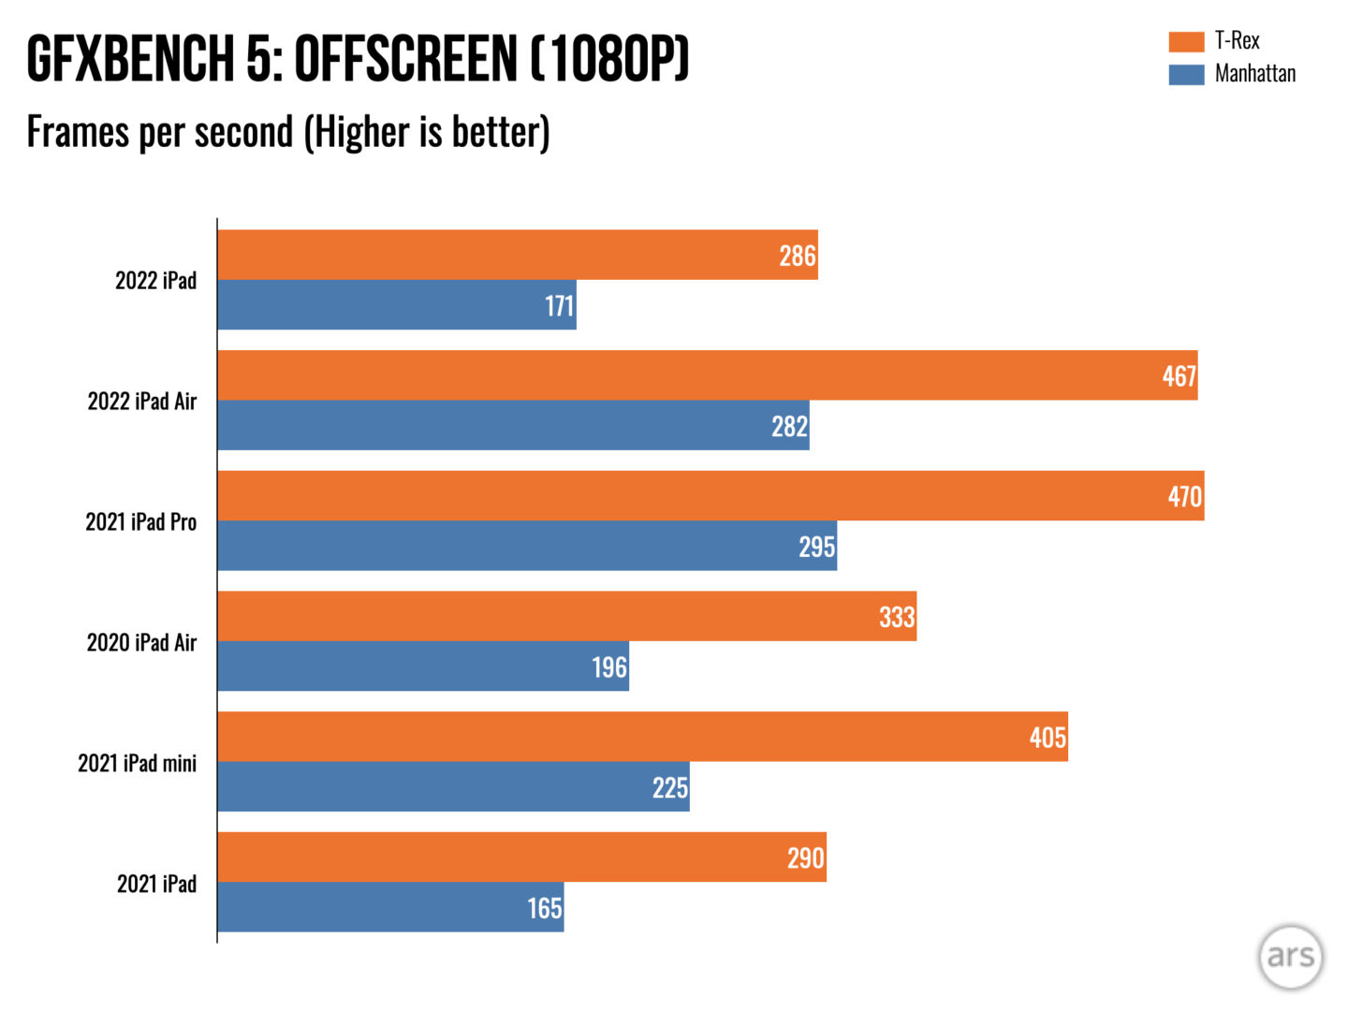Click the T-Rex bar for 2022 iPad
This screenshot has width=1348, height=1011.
(x=517, y=255)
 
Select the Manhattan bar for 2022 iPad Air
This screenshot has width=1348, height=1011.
(x=513, y=425)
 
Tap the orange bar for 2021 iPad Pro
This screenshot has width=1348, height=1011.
(x=710, y=495)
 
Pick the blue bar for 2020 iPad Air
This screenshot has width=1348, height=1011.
(x=423, y=666)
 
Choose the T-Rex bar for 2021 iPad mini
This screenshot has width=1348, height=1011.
(x=642, y=737)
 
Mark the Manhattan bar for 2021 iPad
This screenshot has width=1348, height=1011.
(x=390, y=907)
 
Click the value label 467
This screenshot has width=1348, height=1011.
(x=1179, y=376)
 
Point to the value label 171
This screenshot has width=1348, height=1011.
(x=559, y=306)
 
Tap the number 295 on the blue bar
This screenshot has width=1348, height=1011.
(x=816, y=547)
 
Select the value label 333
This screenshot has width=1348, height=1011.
(x=896, y=617)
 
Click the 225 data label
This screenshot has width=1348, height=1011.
(x=669, y=788)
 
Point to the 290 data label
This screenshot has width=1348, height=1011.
(x=805, y=857)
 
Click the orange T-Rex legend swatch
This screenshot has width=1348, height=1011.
(x=1186, y=41)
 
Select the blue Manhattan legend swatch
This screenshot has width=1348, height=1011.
(x=1186, y=74)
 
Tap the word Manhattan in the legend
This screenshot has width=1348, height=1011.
(x=1255, y=74)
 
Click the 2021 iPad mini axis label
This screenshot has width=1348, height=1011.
(x=138, y=764)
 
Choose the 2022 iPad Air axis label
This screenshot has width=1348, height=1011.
(x=142, y=402)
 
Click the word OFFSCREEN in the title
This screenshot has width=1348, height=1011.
(x=405, y=59)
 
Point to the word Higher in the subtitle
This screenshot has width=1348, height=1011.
(x=362, y=132)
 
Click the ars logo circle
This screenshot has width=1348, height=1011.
(x=1290, y=957)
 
